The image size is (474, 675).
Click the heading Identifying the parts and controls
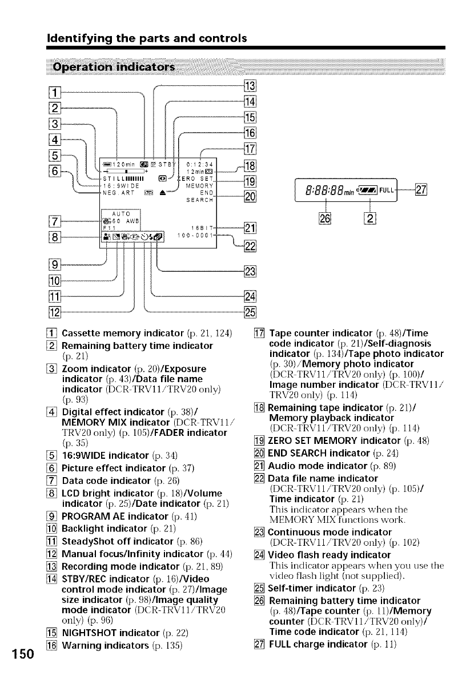click(146, 39)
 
